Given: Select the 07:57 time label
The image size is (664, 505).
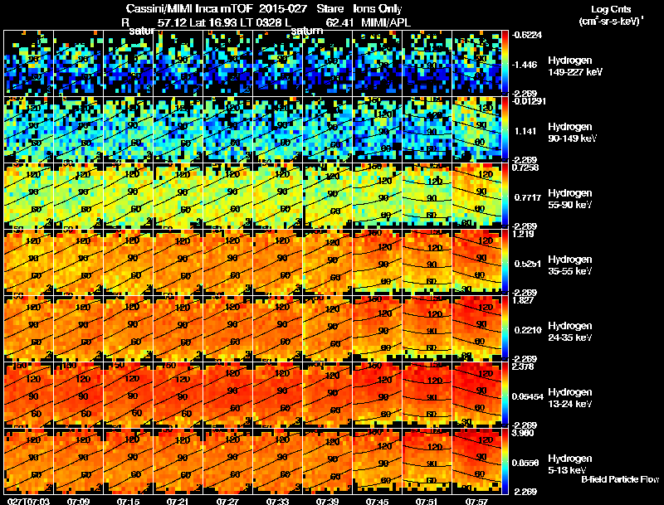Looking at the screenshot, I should tap(476, 500).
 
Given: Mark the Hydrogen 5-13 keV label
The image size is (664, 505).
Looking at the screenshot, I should tap(571, 464).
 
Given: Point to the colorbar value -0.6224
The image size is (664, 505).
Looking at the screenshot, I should tap(528, 35).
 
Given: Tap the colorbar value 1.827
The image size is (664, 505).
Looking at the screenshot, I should tap(526, 300).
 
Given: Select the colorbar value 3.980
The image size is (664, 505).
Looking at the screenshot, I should tap(526, 433).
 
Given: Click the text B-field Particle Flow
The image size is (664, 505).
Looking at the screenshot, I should tap(619, 479).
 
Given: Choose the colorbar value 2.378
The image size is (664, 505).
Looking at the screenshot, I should tap(526, 367).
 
